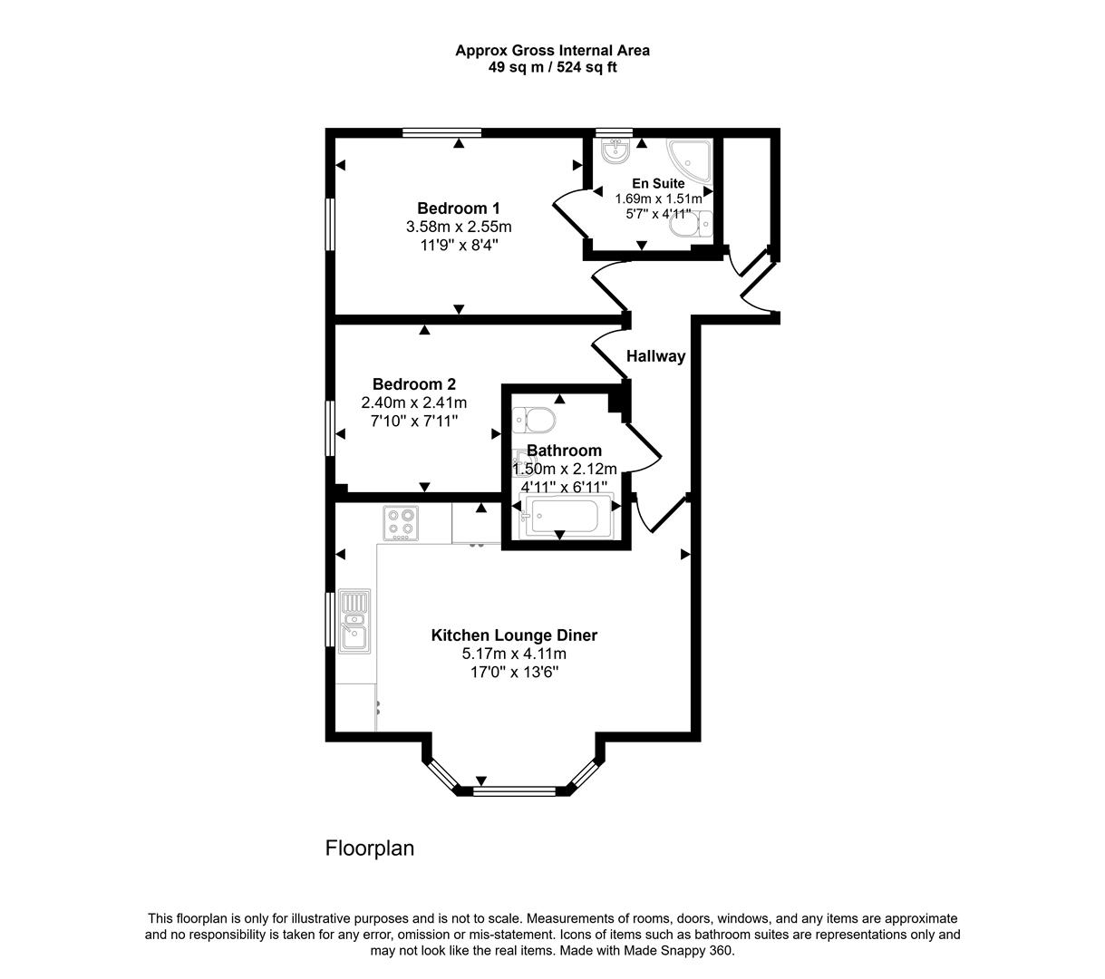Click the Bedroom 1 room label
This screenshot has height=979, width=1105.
(x=458, y=208)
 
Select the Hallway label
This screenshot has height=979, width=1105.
(x=655, y=356)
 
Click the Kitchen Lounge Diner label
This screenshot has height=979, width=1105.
(x=514, y=635)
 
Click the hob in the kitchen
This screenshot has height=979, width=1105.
(x=400, y=523)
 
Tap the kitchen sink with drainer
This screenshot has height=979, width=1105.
(x=354, y=620)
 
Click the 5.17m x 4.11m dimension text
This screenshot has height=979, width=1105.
(x=514, y=654)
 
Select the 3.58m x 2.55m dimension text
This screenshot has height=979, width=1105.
(x=459, y=226)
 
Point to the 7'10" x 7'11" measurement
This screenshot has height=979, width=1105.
(x=413, y=421)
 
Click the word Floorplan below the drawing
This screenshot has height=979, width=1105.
(x=370, y=848)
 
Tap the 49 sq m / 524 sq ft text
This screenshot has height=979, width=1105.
(x=552, y=67)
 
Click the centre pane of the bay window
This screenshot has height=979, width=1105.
(x=515, y=790)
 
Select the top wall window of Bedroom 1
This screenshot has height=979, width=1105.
(x=441, y=133)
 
